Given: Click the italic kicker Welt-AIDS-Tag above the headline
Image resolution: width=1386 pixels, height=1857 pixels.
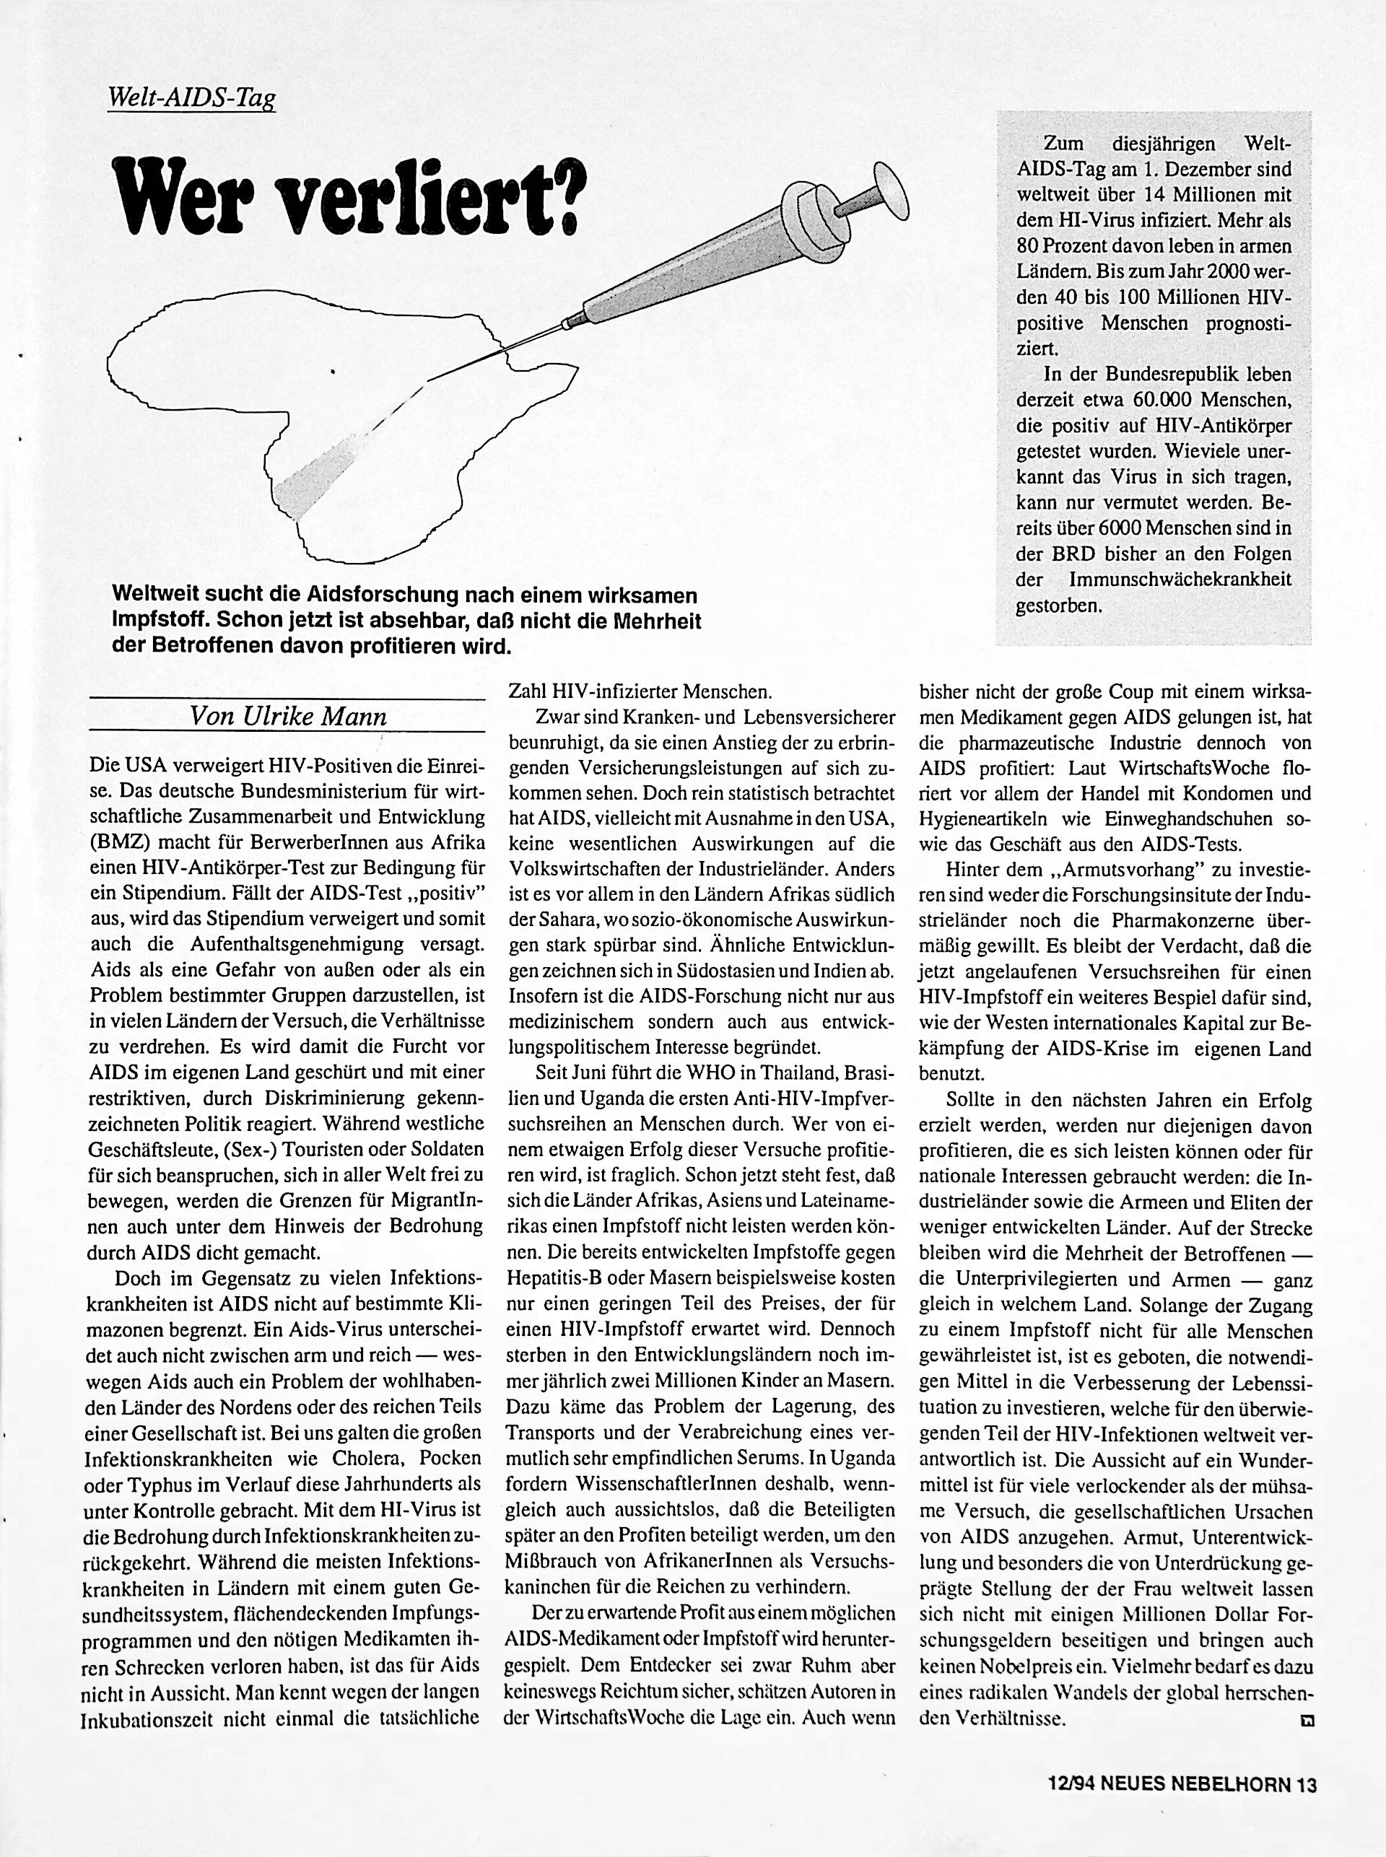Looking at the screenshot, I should [x=192, y=100].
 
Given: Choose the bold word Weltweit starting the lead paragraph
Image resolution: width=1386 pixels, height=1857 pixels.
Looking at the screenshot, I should [x=154, y=595].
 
